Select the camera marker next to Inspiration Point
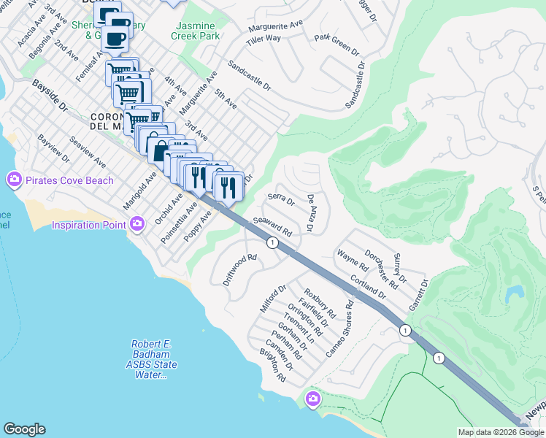(x=136, y=226)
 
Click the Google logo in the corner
(x=25, y=429)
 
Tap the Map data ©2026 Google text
(x=500, y=432)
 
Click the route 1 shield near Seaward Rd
(x=272, y=243)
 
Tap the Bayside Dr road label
(x=50, y=96)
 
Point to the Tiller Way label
(x=264, y=38)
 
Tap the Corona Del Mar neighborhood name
(x=110, y=121)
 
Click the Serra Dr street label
(x=280, y=199)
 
